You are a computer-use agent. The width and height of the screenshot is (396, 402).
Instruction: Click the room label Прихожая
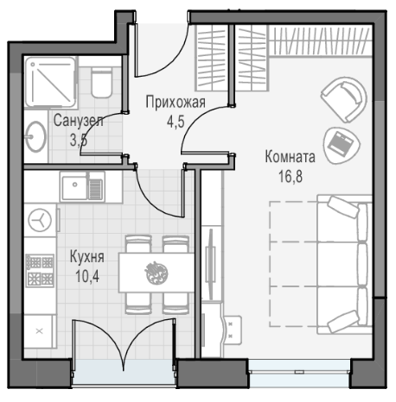tap(176, 103)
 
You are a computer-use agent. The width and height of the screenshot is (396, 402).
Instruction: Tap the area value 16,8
tap(291, 177)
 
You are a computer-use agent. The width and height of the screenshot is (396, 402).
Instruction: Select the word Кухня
tap(87, 257)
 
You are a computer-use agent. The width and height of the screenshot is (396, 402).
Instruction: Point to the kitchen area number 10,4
tap(87, 276)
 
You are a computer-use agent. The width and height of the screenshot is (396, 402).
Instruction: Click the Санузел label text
tap(78, 121)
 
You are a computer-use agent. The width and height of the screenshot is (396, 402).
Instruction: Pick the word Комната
tap(290, 157)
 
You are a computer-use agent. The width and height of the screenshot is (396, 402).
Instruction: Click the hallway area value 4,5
tap(176, 122)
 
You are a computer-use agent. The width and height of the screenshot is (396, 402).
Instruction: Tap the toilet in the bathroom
tap(101, 83)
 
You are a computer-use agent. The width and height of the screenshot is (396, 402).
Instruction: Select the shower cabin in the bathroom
tap(51, 82)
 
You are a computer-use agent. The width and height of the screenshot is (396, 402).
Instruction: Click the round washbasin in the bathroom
tap(36, 136)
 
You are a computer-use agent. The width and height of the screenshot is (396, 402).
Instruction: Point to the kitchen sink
tap(82, 187)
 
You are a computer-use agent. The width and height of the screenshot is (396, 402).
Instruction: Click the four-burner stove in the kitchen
tap(40, 271)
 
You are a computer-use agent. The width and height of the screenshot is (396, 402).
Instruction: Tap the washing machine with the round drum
tap(40, 221)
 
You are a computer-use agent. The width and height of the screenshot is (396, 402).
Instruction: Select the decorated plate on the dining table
tap(156, 273)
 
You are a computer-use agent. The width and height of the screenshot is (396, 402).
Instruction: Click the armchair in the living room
tap(344, 99)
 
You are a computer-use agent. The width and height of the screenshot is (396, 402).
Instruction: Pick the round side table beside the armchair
tap(342, 146)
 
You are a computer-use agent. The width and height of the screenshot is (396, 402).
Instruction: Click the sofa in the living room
tap(344, 264)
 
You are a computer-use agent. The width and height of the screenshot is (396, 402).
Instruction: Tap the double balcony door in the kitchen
tap(124, 342)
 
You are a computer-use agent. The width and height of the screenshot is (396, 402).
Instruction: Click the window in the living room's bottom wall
tap(300, 372)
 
